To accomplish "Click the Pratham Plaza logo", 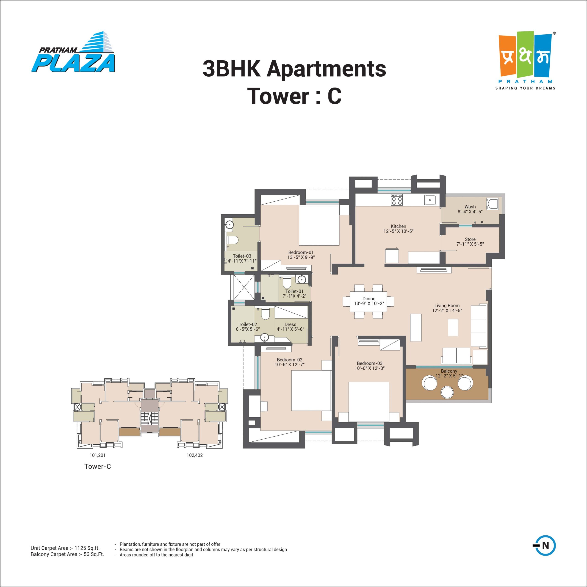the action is click(73, 52).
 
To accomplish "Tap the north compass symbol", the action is click(544, 554).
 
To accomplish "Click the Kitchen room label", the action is click(398, 226).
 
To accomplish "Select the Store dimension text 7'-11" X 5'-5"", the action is click(470, 244).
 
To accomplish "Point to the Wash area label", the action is click(470, 207).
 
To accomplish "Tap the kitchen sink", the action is click(431, 200).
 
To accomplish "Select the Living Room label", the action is click(447, 306).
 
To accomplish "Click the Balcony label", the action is click(449, 371).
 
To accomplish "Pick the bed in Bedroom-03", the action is click(368, 401).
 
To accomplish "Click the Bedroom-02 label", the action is click(290, 360).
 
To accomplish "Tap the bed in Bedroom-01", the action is click(319, 226).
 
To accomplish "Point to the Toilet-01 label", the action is click(294, 291).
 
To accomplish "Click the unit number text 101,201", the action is click(97, 455).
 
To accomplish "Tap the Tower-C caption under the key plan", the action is click(97, 466).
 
